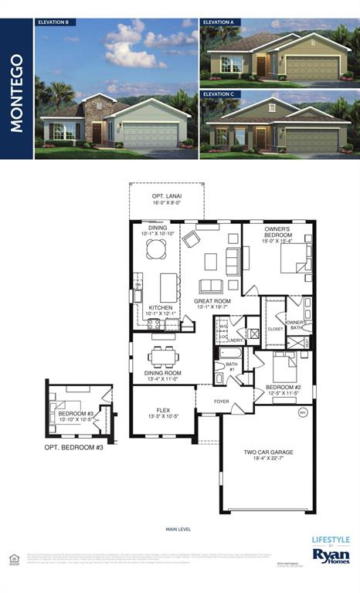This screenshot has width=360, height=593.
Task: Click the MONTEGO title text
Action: (16, 93)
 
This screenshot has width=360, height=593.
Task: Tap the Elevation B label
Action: (54, 23)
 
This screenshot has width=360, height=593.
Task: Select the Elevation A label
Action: (219, 23)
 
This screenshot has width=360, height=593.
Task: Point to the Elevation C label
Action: (219, 94)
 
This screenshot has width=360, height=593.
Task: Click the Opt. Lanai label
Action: (166, 199)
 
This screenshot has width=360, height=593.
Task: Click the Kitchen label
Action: (161, 310)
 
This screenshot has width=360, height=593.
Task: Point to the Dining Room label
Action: (162, 375)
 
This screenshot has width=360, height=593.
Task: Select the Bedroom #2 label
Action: (283, 389)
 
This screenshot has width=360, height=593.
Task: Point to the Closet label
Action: (276, 328)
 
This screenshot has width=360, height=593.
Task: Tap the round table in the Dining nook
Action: (157, 248)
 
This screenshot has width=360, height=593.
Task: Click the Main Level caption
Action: (178, 529)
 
